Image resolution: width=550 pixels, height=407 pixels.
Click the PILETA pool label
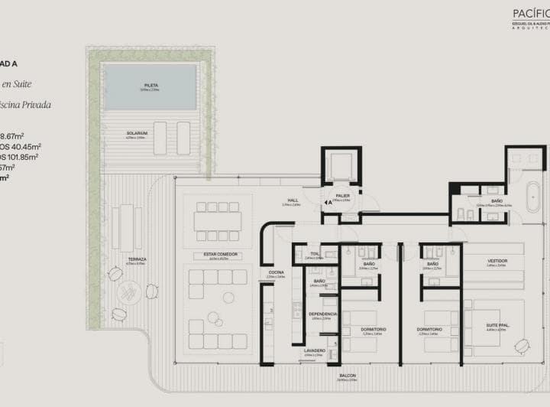150,86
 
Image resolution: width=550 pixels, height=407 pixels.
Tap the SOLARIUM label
137,133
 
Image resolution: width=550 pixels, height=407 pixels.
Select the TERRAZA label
137,259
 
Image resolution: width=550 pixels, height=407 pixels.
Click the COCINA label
276,272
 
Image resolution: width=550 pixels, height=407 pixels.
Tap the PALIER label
343,195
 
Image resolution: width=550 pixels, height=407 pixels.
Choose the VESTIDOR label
497,261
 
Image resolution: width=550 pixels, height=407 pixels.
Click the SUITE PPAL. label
497,324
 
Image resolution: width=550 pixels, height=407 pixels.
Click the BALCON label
347,376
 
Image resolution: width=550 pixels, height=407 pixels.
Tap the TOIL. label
315,253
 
